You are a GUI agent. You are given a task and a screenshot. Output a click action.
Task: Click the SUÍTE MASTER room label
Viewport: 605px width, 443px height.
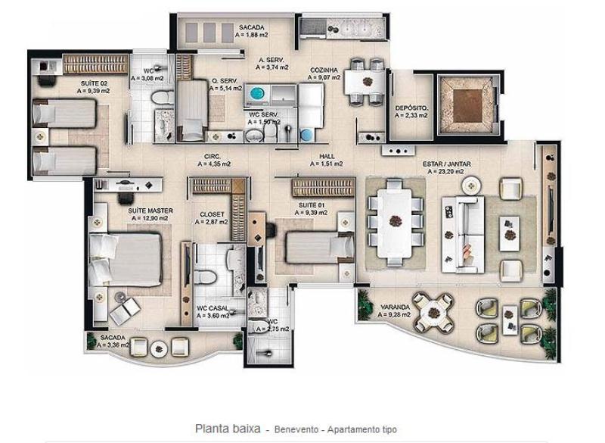150,211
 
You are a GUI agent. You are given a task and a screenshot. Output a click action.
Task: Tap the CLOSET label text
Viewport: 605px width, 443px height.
212,214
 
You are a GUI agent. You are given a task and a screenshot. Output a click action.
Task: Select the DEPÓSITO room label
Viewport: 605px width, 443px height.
411,108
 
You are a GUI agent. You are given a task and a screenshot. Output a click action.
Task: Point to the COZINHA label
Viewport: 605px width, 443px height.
324,70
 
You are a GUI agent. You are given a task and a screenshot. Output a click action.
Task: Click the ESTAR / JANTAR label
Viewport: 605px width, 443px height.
447,164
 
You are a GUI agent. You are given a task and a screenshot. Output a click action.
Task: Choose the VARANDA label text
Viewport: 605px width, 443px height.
395,307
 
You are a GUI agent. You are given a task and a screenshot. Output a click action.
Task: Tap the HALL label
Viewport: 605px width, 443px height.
327,157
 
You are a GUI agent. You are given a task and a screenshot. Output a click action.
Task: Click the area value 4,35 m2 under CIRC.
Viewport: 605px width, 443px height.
214,164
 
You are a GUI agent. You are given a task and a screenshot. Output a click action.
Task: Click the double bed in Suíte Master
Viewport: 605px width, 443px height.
126,259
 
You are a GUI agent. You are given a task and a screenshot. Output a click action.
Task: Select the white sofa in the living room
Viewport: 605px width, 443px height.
463,235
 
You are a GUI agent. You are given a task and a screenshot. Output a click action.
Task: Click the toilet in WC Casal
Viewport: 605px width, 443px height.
206,276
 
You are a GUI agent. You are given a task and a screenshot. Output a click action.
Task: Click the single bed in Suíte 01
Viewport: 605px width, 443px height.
319,247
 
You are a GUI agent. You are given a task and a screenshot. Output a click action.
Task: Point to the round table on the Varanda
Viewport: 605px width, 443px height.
433,313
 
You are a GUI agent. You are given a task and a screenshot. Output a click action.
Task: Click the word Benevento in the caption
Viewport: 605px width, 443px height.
296,429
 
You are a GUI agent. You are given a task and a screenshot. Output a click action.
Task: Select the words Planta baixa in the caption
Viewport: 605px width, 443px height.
228,429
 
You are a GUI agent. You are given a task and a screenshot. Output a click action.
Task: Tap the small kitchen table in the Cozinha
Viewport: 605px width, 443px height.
365,82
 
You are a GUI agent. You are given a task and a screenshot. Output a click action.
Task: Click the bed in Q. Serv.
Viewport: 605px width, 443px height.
192,109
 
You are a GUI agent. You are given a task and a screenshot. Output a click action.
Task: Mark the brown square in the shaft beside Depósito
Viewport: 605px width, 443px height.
467,105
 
